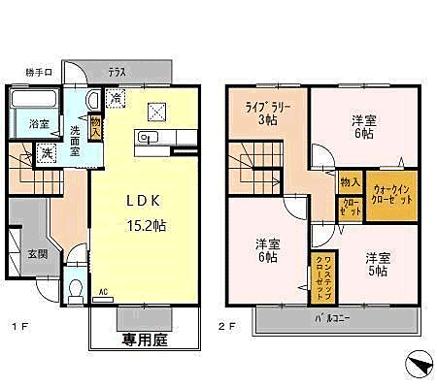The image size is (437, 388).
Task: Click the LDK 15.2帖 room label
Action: (147, 210)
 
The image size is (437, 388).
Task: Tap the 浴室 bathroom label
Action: (39, 124)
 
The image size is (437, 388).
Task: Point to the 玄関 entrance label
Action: (36, 254)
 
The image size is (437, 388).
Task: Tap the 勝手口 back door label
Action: (40, 72)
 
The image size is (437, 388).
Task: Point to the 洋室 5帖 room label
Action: (377, 265)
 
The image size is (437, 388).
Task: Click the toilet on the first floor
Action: (76, 289)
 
